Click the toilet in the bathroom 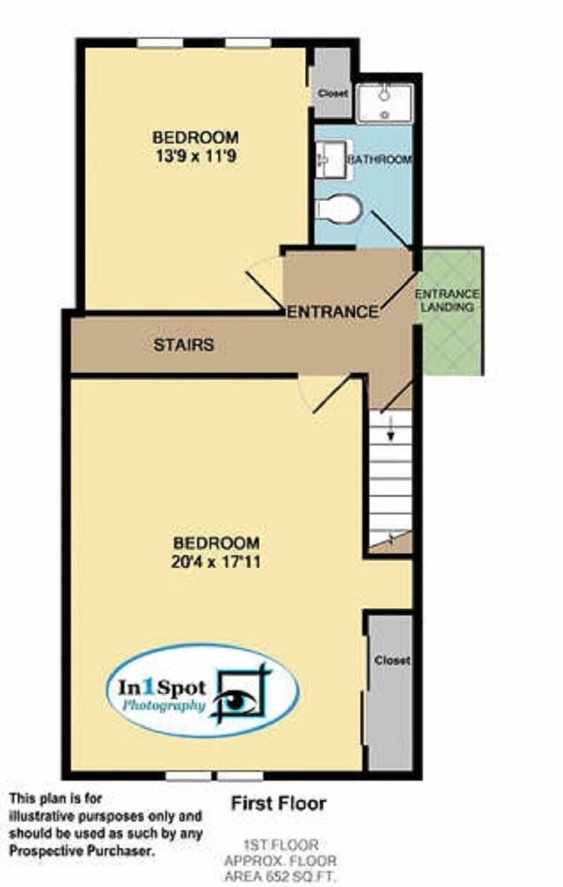pyautogui.click(x=338, y=208)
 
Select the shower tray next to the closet pyautogui.click(x=385, y=103)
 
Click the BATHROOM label pyautogui.click(x=380, y=159)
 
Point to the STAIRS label pyautogui.click(x=184, y=345)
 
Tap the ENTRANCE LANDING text pyautogui.click(x=447, y=300)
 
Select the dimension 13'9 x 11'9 pyautogui.click(x=196, y=157)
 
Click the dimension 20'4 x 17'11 pyautogui.click(x=216, y=562)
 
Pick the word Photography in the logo pyautogui.click(x=164, y=706)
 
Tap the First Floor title pyautogui.click(x=278, y=803)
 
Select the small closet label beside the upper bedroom pyautogui.click(x=333, y=93)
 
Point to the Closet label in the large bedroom pyautogui.click(x=392, y=660)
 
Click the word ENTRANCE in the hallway pyautogui.click(x=332, y=311)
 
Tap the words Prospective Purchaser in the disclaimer pyautogui.click(x=83, y=851)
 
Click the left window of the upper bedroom pyautogui.click(x=160, y=43)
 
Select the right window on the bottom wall pyautogui.click(x=240, y=777)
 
